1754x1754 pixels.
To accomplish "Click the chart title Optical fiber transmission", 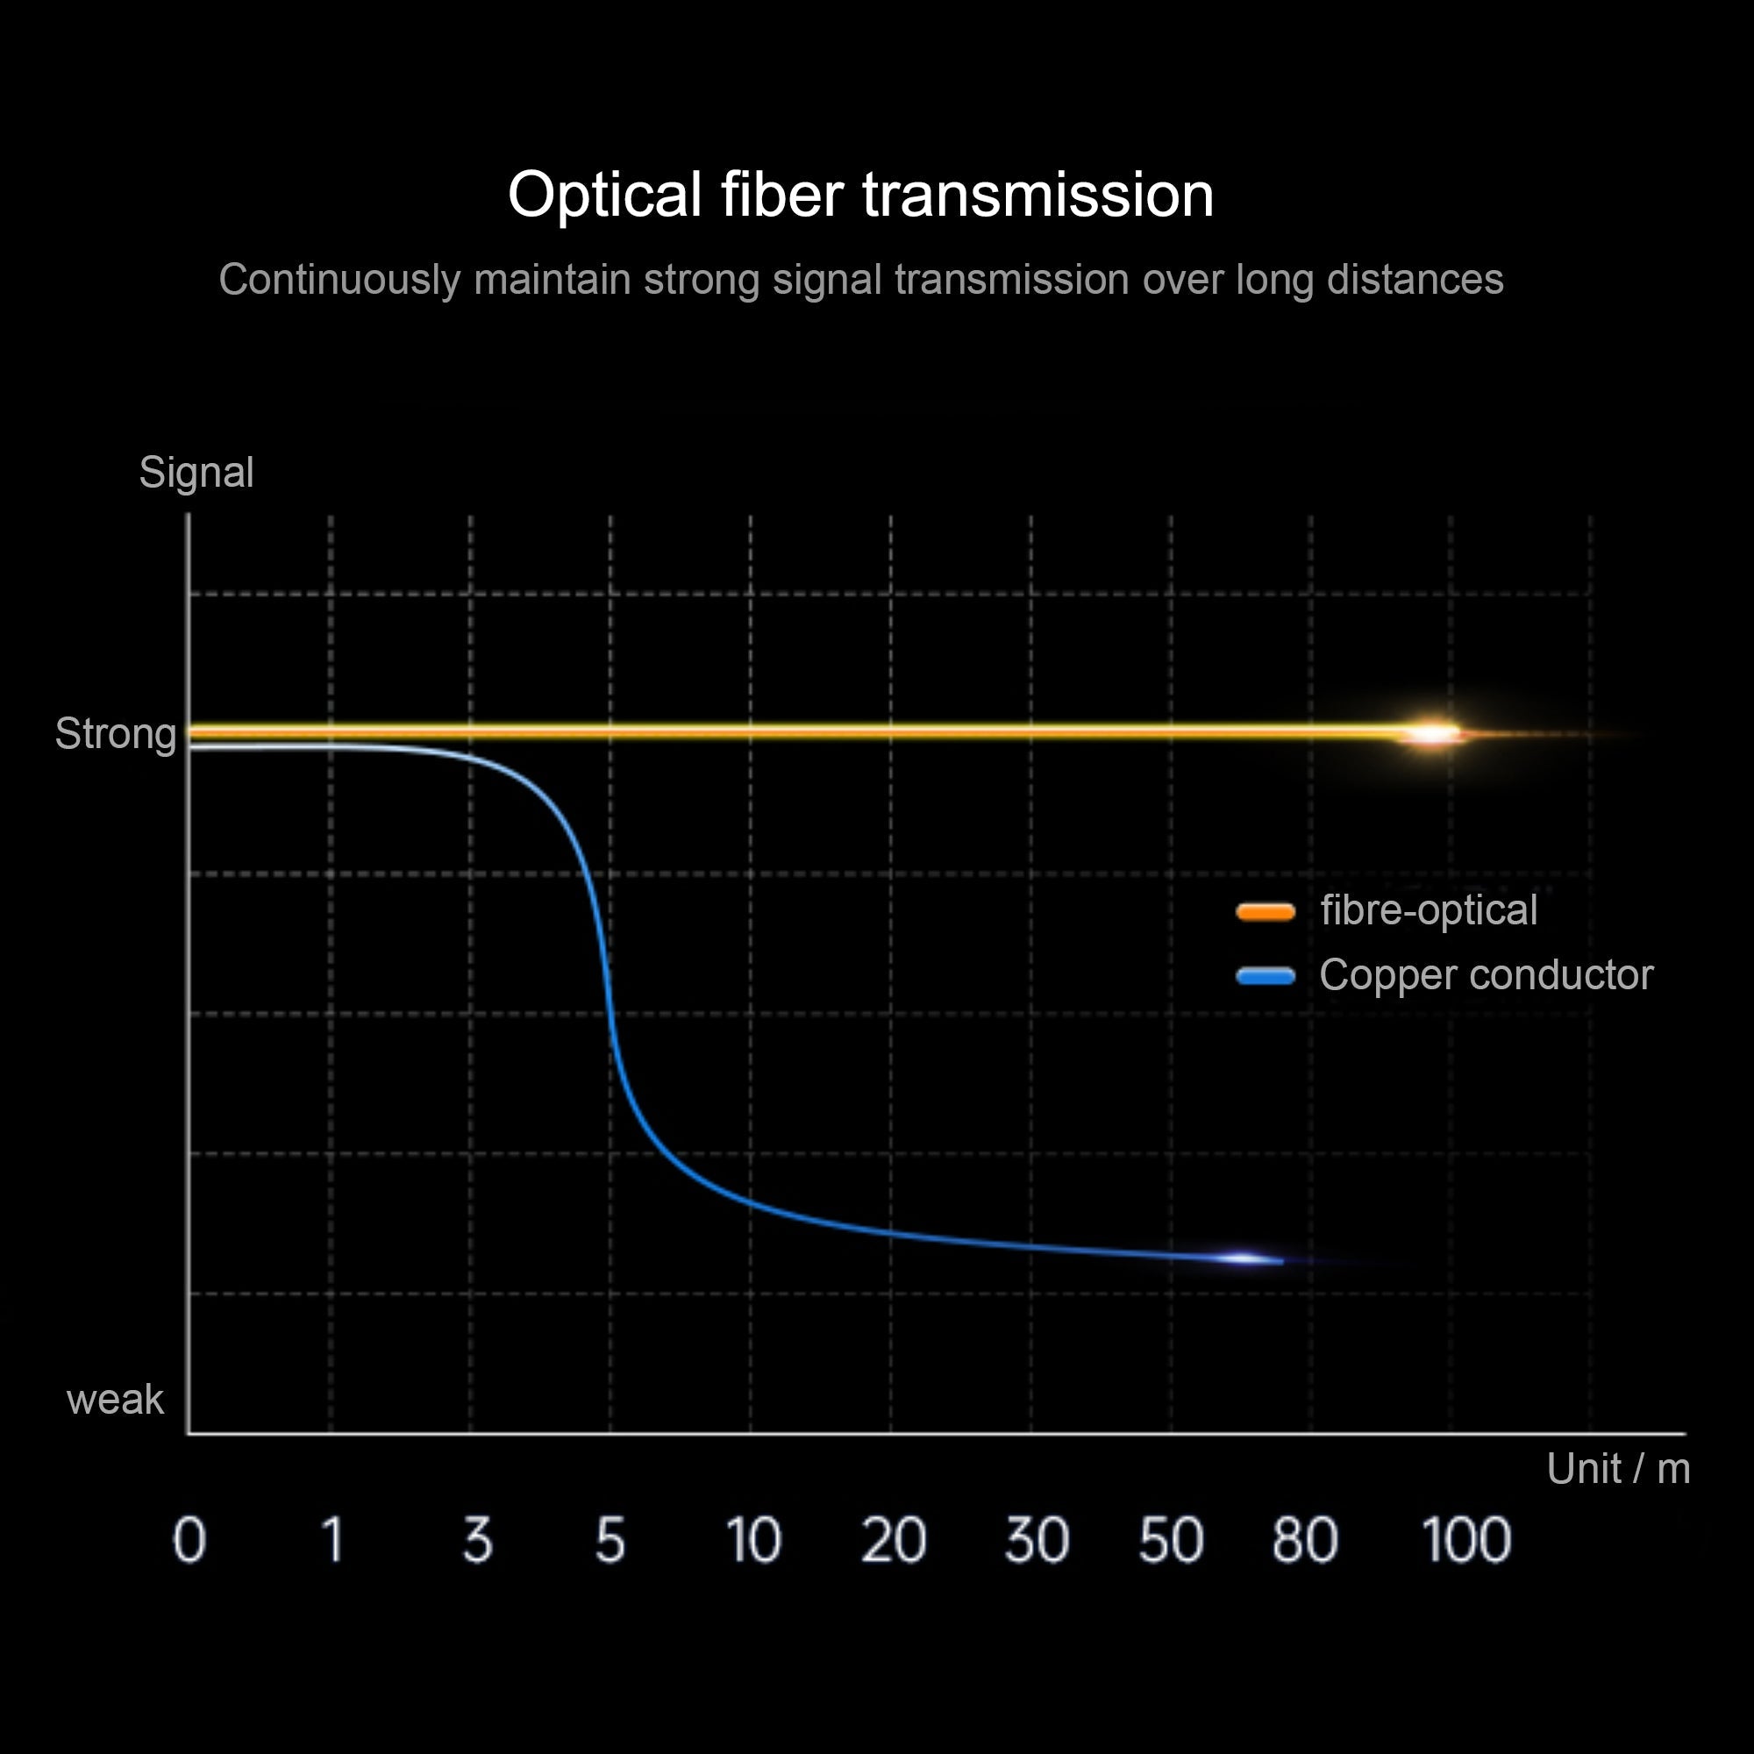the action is point(860,196).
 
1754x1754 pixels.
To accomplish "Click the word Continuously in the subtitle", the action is point(339,281).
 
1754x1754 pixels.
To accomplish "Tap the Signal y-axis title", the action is point(196,473).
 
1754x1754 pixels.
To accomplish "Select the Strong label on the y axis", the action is point(115,733).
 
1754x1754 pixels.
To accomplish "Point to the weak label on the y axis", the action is point(115,1399).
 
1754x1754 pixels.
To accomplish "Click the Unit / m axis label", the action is point(1618,1468).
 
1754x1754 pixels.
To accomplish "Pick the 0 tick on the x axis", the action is point(189,1540).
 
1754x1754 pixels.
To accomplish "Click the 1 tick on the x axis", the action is point(333,1540).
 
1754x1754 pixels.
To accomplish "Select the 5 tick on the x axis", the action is point(610,1540).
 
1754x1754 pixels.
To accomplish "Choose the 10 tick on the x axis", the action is point(753,1540).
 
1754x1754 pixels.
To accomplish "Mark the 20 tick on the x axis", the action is point(894,1540).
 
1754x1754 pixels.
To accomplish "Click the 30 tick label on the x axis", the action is point(1037,1540).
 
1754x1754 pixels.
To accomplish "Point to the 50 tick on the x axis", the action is point(1171,1540).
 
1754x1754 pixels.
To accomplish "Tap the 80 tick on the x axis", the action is point(1305,1540).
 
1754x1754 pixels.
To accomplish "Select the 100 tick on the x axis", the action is point(1466,1540).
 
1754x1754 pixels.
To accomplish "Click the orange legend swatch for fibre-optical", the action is point(1266,911).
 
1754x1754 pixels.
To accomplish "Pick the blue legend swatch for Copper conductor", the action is point(1266,976).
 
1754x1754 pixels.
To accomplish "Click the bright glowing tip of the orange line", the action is point(1433,732).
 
